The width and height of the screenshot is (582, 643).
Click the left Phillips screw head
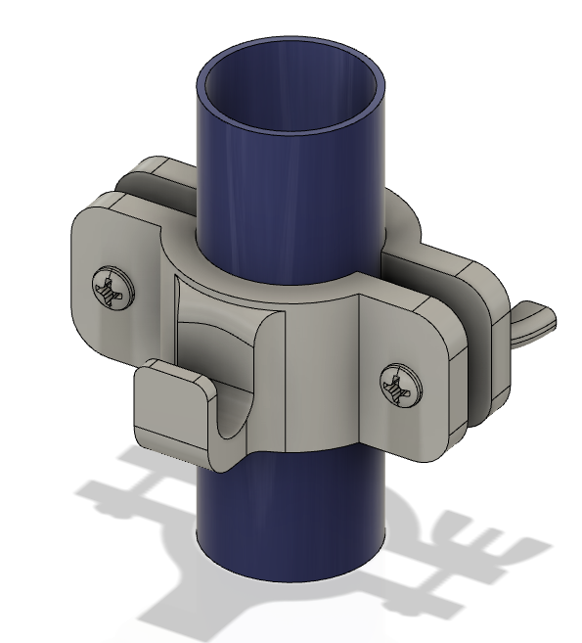click(x=112, y=288)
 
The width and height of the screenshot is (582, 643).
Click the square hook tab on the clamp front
click(x=172, y=401)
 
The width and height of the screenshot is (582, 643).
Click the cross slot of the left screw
click(x=112, y=288)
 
